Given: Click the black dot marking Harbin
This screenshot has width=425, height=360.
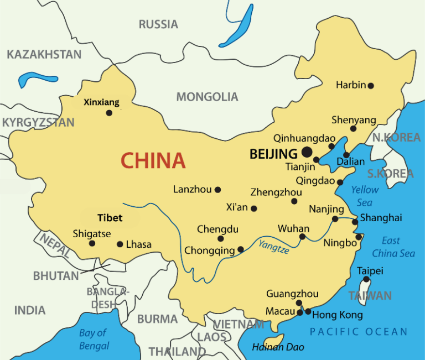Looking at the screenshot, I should coord(371,86).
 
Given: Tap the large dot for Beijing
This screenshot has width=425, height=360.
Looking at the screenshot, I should coord(307,153).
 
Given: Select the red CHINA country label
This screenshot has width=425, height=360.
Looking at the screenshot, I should coord(153,160).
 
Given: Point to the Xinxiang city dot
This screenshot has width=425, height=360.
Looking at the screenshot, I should coord(109,113).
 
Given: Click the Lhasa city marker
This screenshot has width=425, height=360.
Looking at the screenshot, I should coord(120,244).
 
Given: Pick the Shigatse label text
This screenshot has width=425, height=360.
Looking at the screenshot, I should coord(92,233).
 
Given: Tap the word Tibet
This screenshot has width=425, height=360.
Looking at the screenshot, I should coord(110,218).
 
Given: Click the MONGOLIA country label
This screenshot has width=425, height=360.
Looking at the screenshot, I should coord(207,97).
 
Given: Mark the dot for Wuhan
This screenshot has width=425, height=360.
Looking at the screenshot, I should coord(302,237).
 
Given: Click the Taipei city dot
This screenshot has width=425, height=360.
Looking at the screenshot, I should coord(366,279).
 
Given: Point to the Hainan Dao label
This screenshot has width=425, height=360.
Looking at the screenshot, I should coord(274,347).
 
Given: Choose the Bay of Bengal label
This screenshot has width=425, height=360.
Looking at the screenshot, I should coord(94,340).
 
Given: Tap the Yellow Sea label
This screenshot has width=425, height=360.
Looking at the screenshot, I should coord(365,196).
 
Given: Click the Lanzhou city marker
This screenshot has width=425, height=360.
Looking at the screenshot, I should coord(217,190).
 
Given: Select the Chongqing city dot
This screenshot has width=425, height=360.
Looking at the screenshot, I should coord(240,249).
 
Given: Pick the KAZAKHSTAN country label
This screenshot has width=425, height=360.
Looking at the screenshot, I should coord(44,54).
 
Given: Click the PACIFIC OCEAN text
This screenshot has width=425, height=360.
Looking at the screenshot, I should coord(358,332).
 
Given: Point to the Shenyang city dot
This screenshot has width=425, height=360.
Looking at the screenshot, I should coord(353,129).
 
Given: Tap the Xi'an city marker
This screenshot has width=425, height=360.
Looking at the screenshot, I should coord(254,208).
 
